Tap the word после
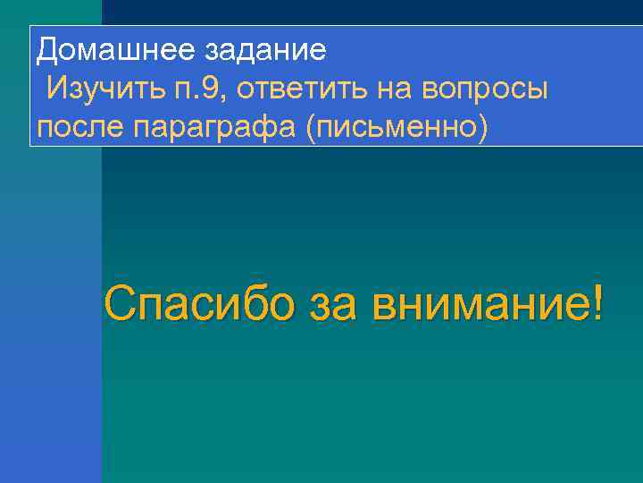pyautogui.click(x=81, y=128)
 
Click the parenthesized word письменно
pyautogui.click(x=397, y=128)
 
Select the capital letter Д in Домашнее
pyautogui.click(x=47, y=51)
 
